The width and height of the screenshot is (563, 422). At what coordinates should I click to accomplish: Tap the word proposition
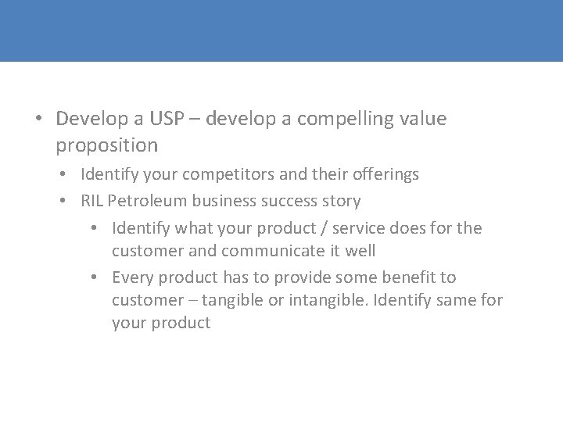coord(107,145)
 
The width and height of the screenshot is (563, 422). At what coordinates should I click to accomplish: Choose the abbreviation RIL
coord(92,201)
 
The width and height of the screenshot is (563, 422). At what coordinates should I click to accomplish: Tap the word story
coord(341,201)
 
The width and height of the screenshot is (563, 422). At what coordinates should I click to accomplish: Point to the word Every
coord(132,277)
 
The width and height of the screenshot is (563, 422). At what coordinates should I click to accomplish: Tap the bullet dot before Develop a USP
coord(39,120)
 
